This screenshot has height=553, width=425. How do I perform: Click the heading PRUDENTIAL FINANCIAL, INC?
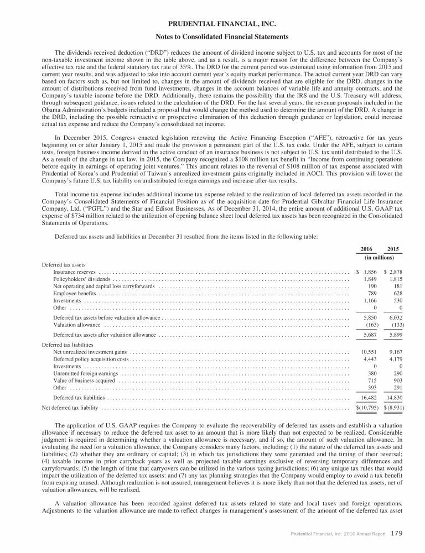(212, 24)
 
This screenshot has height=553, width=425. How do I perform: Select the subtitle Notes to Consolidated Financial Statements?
(212, 37)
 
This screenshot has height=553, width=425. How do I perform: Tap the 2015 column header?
(394, 248)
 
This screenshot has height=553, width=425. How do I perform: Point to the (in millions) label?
(380, 258)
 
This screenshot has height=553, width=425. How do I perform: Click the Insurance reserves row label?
(74, 272)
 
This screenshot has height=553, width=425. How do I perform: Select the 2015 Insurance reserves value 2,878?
(393, 272)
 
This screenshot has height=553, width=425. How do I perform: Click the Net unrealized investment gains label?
(90, 351)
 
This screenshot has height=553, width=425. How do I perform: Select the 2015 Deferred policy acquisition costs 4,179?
(394, 359)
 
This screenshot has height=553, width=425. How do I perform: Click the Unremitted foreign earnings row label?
(85, 374)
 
